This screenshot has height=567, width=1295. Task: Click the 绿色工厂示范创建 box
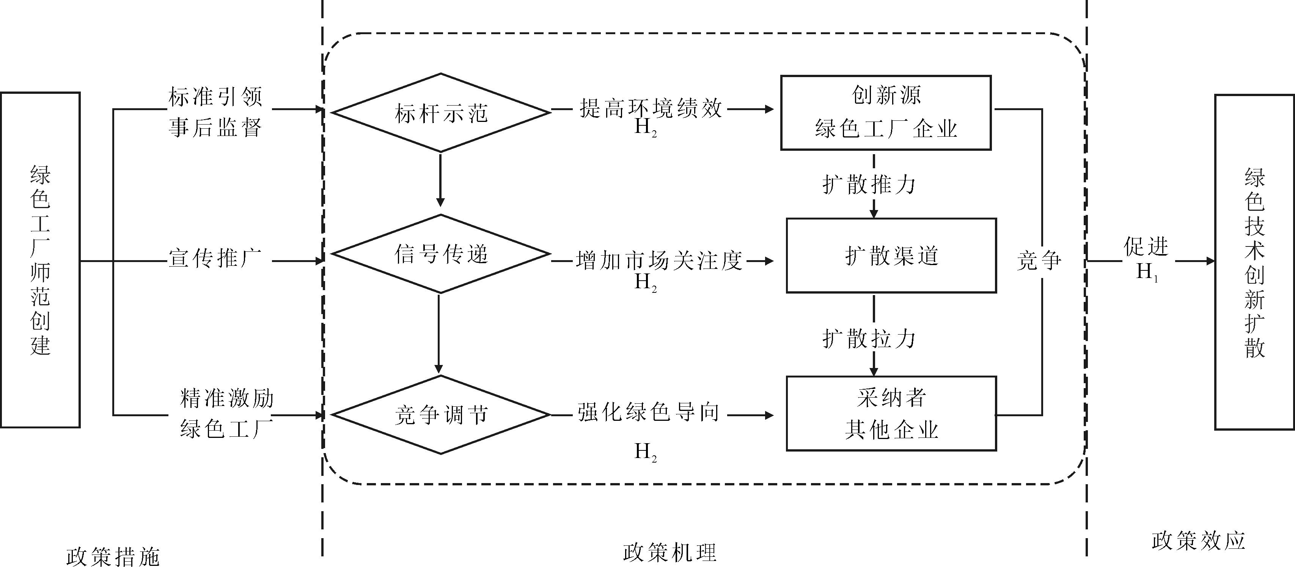tap(40, 260)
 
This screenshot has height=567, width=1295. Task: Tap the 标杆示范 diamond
tap(441, 113)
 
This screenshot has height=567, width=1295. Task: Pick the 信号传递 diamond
tap(441, 254)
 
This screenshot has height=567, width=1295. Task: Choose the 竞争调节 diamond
tap(441, 415)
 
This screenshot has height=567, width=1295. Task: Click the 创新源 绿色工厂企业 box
tap(886, 113)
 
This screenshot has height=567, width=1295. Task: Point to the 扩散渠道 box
tap(891, 256)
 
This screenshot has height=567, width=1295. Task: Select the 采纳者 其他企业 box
tap(891, 414)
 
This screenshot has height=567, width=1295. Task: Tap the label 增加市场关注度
tap(659, 261)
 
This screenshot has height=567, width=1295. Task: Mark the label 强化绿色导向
tap(649, 412)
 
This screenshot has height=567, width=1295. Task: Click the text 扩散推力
tap(869, 185)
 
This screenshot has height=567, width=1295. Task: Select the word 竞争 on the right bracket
tap(1039, 261)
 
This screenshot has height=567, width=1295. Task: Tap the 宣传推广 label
tap(215, 258)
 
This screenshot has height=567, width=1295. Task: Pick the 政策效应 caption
tap(1199, 540)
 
